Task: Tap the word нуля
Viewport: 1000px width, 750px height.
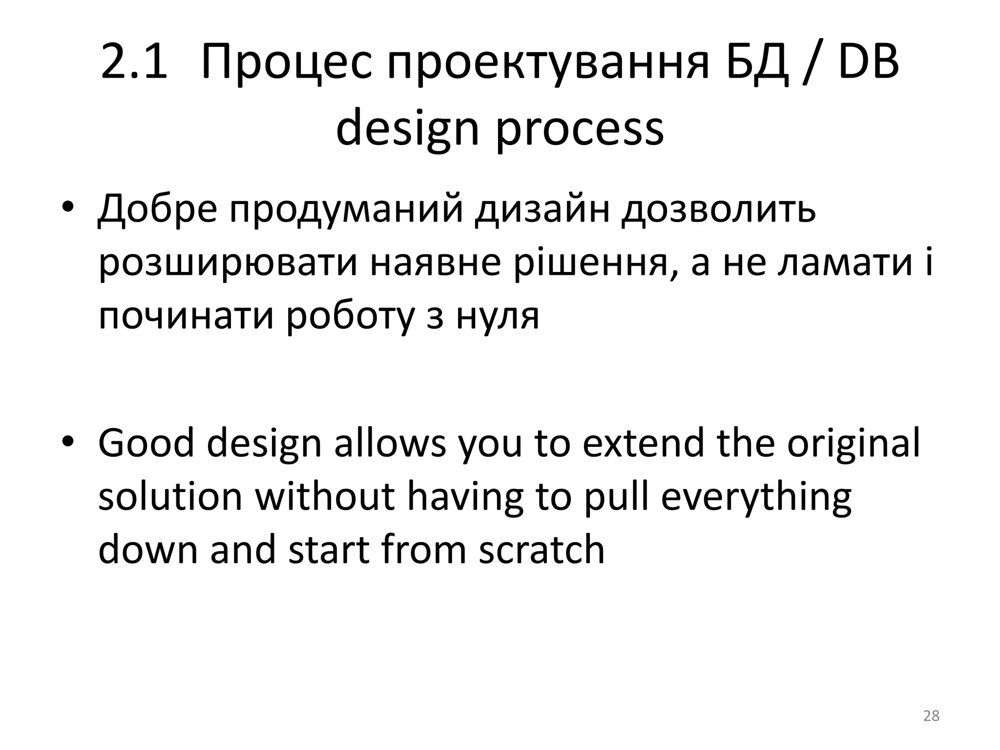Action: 498,316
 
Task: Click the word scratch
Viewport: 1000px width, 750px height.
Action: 542,549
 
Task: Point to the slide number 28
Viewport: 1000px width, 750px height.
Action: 931,716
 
